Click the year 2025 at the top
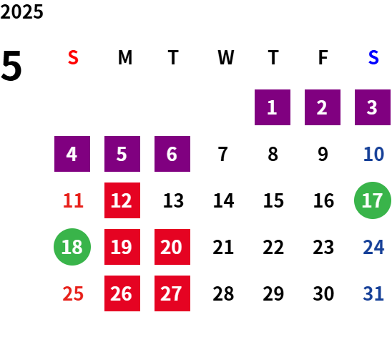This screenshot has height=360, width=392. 21,11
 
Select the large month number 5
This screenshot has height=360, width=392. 11,66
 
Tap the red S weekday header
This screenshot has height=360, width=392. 73,57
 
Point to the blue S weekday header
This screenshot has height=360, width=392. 373,57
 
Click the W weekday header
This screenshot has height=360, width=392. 226,57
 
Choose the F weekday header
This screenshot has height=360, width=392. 323,57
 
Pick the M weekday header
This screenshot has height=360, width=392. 125,57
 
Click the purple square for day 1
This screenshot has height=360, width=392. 273,107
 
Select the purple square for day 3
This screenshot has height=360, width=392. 373,107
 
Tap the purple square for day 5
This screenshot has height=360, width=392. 122,154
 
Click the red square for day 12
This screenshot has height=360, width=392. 122,200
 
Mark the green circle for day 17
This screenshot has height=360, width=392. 373,200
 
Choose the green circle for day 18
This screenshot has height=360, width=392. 72,247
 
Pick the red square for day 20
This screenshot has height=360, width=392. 172,247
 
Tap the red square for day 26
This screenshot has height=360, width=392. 122,293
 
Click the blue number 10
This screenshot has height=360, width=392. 373,154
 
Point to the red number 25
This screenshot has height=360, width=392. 73,293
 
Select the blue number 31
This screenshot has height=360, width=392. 373,293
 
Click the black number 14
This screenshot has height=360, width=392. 223,200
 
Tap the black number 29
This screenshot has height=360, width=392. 273,293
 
